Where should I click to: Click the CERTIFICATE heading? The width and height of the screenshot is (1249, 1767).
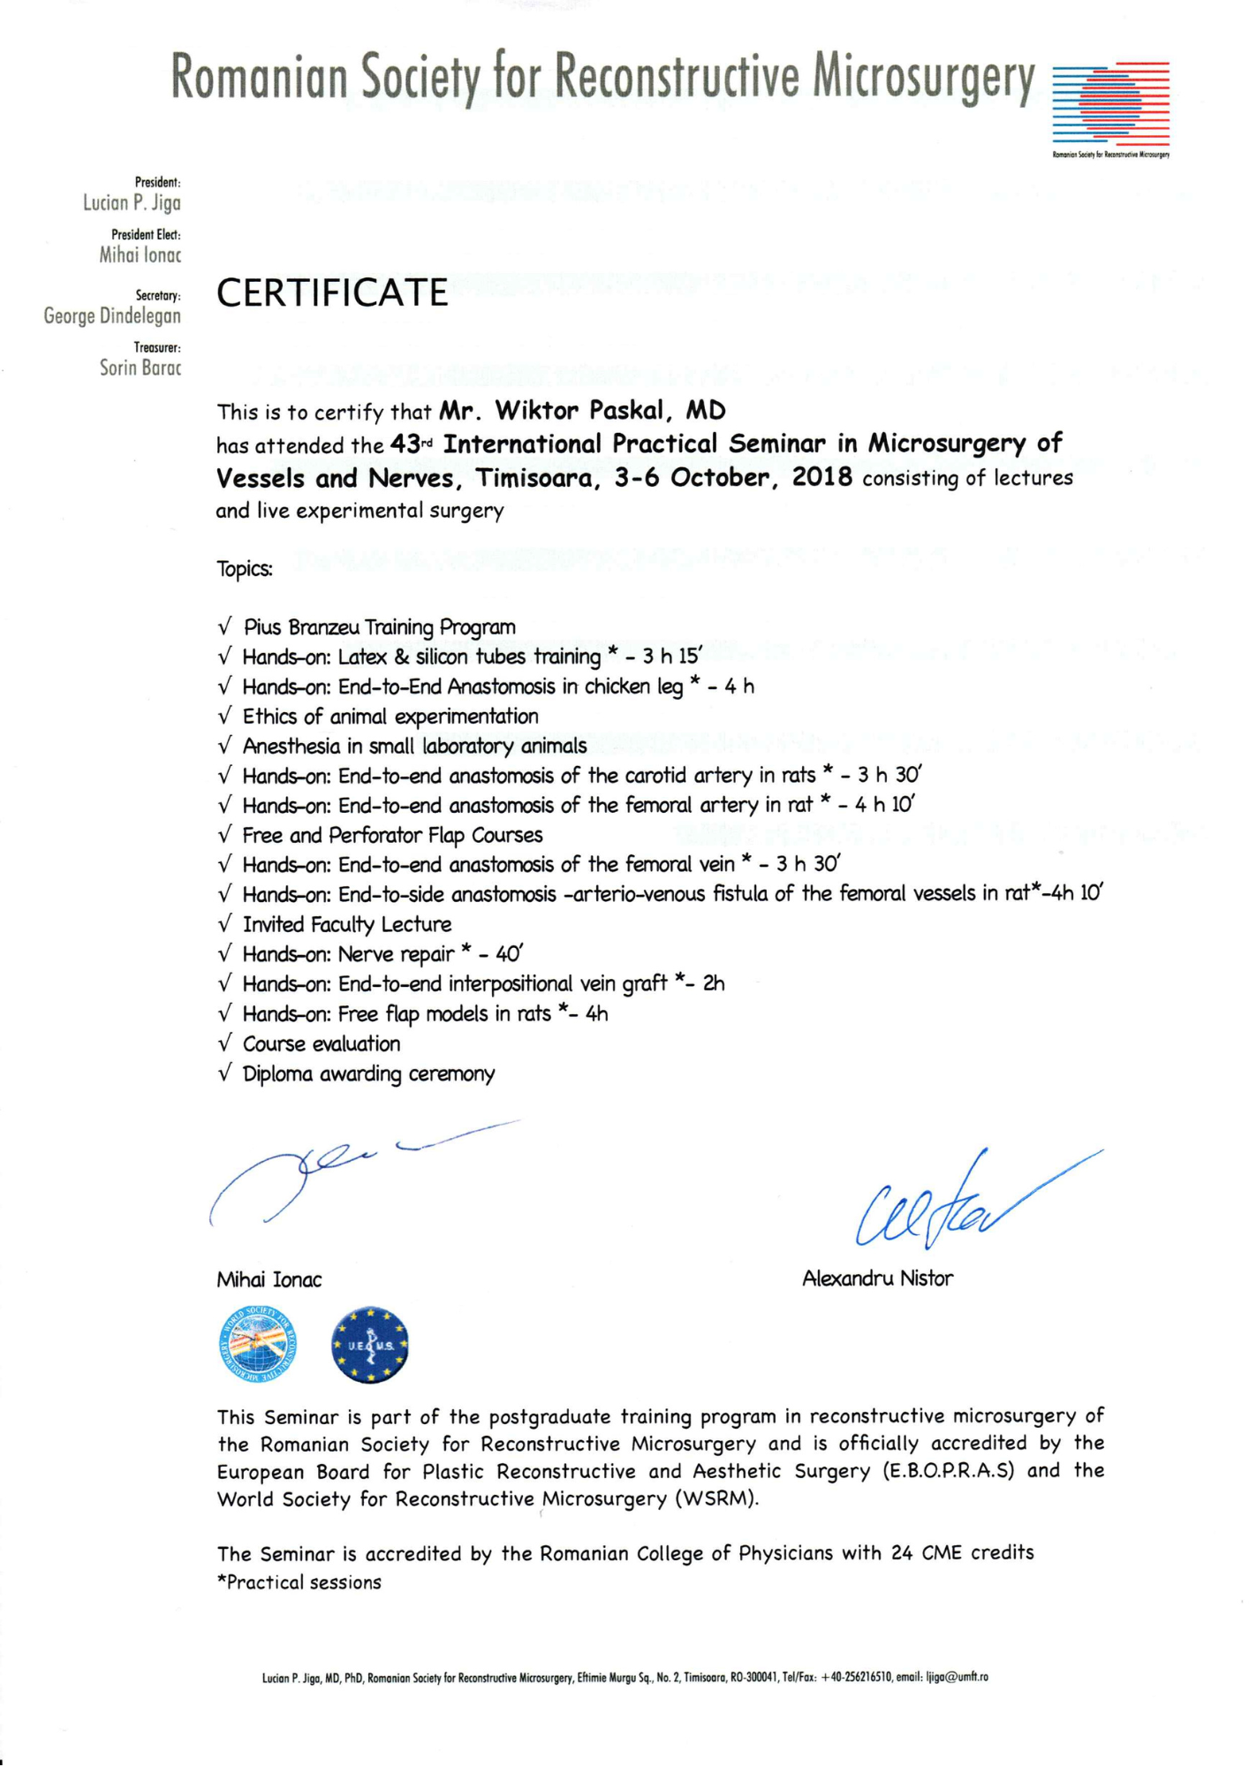(332, 293)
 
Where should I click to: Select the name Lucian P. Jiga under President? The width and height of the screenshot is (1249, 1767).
(132, 203)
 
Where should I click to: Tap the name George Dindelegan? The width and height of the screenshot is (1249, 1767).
(112, 315)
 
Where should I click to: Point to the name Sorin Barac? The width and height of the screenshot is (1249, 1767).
(140, 368)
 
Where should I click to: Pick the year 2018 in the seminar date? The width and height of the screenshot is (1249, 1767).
(821, 478)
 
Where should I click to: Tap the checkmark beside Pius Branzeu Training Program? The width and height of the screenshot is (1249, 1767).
(225, 627)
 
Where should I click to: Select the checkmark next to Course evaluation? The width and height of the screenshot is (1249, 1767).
(225, 1044)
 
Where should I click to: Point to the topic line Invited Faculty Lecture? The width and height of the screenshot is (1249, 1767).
(347, 925)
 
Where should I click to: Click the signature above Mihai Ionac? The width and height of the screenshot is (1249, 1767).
(353, 1171)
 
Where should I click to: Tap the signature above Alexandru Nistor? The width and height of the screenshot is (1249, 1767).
(963, 1202)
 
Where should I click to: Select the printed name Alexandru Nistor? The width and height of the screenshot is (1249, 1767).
(877, 1278)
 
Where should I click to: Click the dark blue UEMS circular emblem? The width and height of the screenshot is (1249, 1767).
(370, 1346)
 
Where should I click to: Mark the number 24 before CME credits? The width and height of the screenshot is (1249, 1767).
(902, 1553)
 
